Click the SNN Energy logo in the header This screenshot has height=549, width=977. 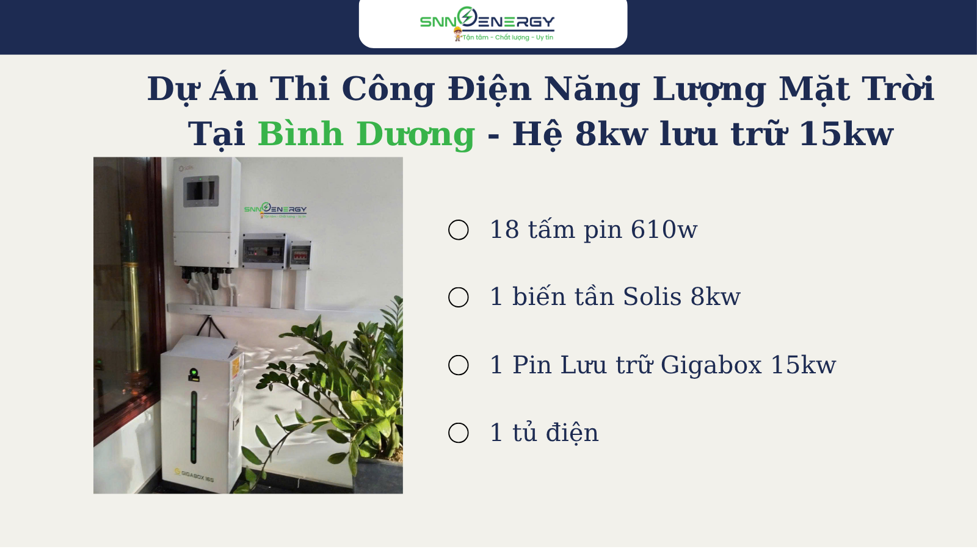pyautogui.click(x=487, y=24)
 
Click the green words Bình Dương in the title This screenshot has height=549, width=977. pyautogui.click(x=366, y=134)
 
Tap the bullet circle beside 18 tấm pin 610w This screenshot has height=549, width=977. pyautogui.click(x=459, y=229)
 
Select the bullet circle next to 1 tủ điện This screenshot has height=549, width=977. pyautogui.click(x=459, y=432)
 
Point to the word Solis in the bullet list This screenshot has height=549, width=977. pyautogui.click(x=652, y=296)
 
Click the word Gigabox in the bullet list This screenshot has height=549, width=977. pyautogui.click(x=711, y=365)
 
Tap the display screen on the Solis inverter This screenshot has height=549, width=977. pyautogui.click(x=201, y=191)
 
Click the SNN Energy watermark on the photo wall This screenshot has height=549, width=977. pyautogui.click(x=275, y=210)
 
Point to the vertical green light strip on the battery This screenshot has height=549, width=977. pyautogui.click(x=194, y=428)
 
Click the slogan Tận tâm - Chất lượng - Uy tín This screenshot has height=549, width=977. pyautogui.click(x=507, y=37)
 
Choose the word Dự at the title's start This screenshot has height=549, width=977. pyautogui.click(x=172, y=90)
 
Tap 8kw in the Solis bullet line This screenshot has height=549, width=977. pyautogui.click(x=715, y=296)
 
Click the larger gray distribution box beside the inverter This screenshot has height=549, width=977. pyautogui.click(x=264, y=251)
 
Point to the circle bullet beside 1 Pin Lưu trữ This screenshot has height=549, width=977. pyautogui.click(x=459, y=365)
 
